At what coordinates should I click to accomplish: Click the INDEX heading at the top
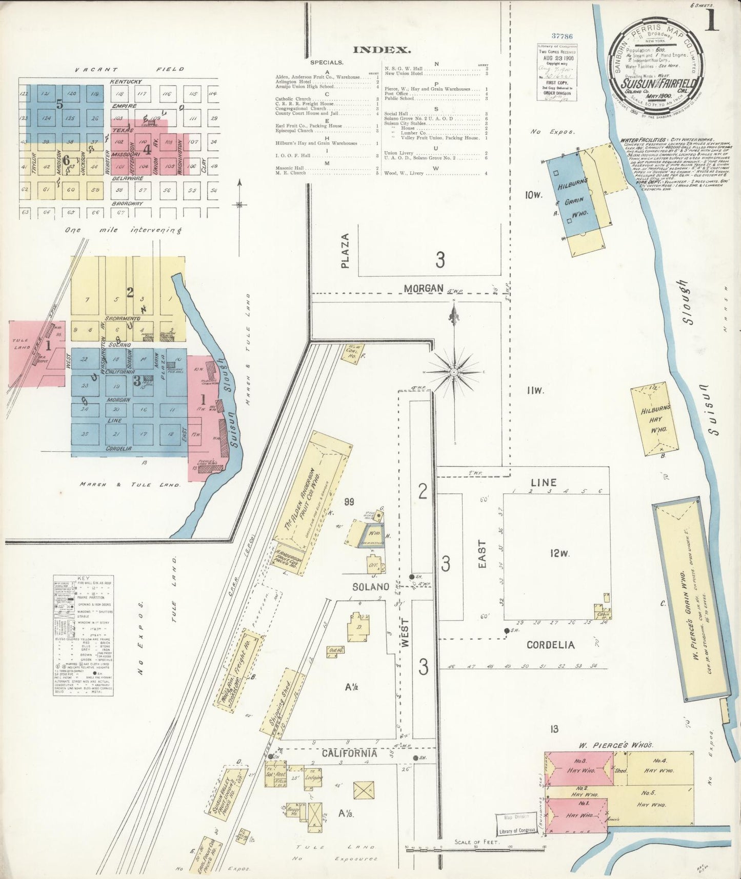coord(382,50)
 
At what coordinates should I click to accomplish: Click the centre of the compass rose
coord(454,371)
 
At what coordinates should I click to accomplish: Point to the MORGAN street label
coord(423,289)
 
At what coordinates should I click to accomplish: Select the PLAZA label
coord(345,251)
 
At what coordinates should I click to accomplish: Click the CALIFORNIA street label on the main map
coord(349,753)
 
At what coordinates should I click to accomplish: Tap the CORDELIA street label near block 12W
coord(550,645)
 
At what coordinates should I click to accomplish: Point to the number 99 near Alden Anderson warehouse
coord(349,502)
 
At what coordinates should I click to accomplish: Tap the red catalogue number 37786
coord(562,36)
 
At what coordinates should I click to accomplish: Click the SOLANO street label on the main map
coord(370,586)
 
